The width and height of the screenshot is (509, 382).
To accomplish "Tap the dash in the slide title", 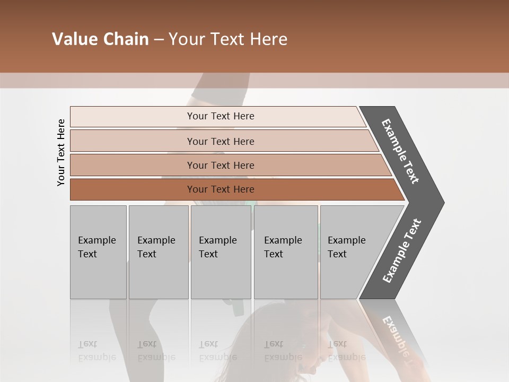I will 159,40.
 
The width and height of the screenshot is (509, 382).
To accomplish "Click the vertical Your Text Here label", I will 61,153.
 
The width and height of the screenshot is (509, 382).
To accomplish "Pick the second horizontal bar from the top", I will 221,141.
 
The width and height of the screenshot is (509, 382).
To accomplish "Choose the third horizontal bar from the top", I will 221,165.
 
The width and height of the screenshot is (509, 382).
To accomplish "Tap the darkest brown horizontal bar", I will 221,189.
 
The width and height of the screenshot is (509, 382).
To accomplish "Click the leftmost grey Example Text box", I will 98,252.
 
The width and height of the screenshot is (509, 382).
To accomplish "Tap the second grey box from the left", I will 158,252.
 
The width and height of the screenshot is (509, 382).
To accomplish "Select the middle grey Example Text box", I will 221,252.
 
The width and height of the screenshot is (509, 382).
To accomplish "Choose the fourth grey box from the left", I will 285,252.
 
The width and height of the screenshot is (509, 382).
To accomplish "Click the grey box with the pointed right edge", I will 353,252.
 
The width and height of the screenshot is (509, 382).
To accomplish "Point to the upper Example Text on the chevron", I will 400,151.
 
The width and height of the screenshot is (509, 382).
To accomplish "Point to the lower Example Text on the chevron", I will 402,251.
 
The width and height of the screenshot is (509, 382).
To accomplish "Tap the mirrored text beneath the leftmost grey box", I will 96,351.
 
